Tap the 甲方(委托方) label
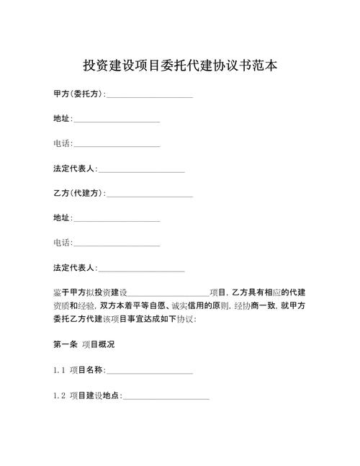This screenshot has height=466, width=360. point(78,94)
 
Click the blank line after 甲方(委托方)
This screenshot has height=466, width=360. point(149,96)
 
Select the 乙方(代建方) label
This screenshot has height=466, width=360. point(78,193)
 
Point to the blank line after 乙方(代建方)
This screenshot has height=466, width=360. point(149,195)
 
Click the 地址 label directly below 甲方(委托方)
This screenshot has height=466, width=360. point(62,119)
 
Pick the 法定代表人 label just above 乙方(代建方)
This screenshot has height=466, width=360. point(74,169)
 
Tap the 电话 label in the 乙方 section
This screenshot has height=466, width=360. point(62,243)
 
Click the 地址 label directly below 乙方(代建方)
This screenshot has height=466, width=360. point(62,218)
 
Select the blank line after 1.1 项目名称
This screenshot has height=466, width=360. point(150,372)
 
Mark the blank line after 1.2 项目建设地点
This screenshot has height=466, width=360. point(166,397)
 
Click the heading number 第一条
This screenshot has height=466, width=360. point(65,345)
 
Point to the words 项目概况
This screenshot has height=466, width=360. point(97,345)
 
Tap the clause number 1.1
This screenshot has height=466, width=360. point(59,371)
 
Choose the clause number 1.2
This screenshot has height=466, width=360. point(59,395)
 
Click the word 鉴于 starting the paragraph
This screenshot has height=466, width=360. point(60,292)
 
